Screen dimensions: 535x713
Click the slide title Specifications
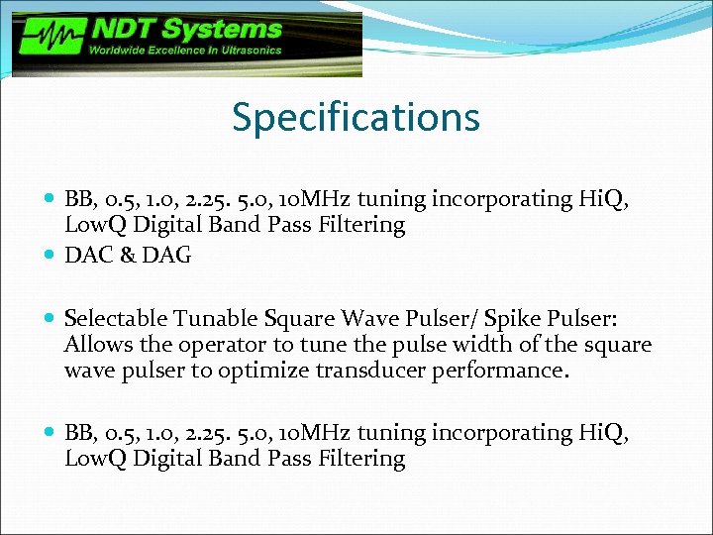(x=356, y=117)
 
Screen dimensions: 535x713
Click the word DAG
(x=168, y=255)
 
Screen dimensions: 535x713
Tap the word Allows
(x=94, y=345)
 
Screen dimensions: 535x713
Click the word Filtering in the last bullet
(x=361, y=459)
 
